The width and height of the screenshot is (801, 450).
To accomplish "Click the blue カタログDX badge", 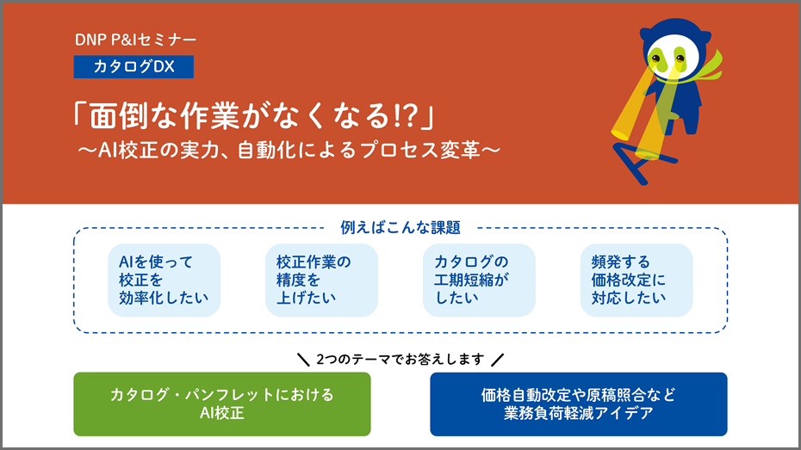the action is [x=133, y=67].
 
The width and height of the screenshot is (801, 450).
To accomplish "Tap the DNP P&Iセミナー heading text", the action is [x=135, y=40].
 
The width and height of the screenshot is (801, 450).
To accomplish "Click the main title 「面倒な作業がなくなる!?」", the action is [x=254, y=115].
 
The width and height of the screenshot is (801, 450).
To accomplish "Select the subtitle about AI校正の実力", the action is [x=289, y=150].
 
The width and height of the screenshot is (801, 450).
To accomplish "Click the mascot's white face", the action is [x=669, y=57].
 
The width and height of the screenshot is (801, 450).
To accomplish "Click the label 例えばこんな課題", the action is [x=400, y=227].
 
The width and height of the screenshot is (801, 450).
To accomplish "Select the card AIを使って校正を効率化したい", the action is [x=164, y=280].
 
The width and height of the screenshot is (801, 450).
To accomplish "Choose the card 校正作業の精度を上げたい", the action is [x=321, y=280].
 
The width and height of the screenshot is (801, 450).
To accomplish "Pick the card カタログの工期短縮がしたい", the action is [x=479, y=280].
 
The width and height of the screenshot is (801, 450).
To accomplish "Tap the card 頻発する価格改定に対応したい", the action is [x=636, y=280].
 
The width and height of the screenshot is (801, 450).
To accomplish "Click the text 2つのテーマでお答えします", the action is [x=400, y=359].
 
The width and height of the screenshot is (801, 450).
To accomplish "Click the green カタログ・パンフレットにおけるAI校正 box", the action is [x=222, y=404].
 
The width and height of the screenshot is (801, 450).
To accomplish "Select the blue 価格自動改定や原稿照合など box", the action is [x=578, y=404].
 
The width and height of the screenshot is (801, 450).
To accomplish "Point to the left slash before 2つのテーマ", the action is [x=303, y=360].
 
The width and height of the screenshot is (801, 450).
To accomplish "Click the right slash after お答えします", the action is [x=497, y=360].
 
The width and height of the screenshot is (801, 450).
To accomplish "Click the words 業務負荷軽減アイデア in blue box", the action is [x=578, y=413].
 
